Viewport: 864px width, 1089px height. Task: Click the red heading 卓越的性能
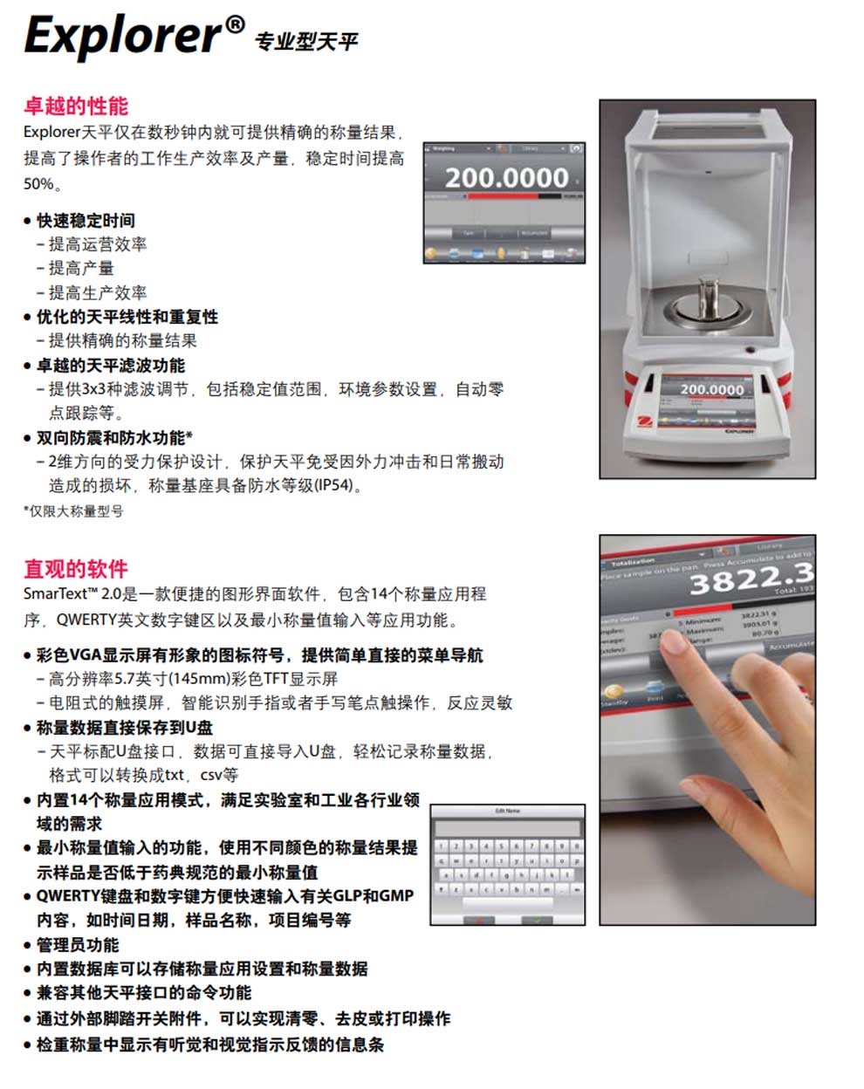pyautogui.click(x=76, y=106)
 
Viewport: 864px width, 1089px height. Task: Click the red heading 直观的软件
pyautogui.click(x=76, y=569)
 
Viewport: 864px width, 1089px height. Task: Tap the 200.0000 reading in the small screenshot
pyautogui.click(x=506, y=178)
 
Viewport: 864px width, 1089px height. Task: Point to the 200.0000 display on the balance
pyautogui.click(x=711, y=389)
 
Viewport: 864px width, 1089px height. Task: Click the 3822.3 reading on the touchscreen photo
pyautogui.click(x=751, y=577)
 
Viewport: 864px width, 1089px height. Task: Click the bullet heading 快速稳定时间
pyautogui.click(x=86, y=220)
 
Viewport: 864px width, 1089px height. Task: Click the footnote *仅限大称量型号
pyautogui.click(x=73, y=511)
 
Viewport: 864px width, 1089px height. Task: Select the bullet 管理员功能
pyautogui.click(x=78, y=944)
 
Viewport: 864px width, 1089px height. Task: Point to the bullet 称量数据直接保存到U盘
pyautogui.click(x=124, y=727)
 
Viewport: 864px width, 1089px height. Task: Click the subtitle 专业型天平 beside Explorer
pyautogui.click(x=305, y=41)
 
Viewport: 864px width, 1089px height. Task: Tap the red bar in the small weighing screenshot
pyautogui.click(x=504, y=196)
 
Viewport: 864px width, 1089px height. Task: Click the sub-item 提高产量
pyautogui.click(x=81, y=268)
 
